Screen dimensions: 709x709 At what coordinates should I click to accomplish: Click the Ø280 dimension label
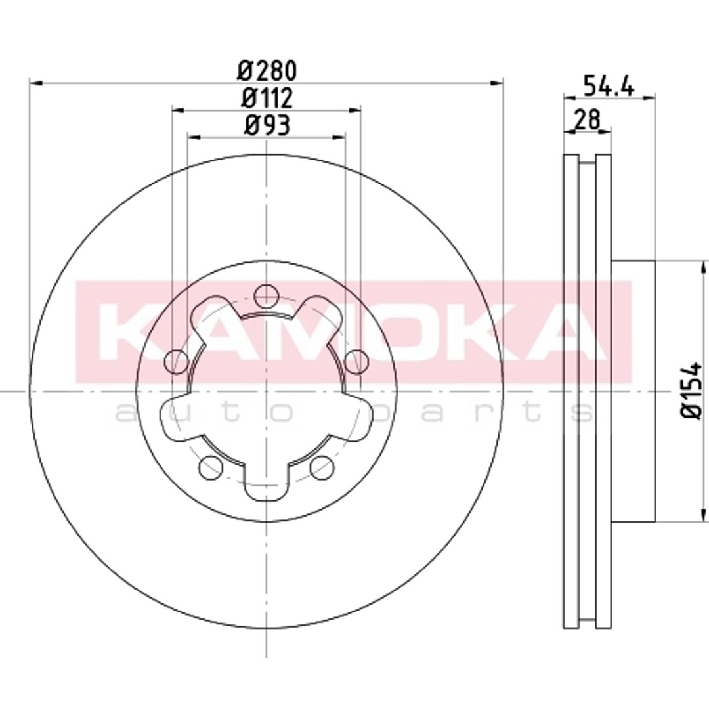point(267,71)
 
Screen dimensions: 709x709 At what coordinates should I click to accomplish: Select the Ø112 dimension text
point(267,98)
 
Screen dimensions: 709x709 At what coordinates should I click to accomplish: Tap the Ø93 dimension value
point(267,125)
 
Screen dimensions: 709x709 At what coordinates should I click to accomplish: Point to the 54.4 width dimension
point(609,85)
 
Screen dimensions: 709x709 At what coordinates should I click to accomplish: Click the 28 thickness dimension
point(587,120)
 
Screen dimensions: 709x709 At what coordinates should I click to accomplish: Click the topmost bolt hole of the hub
point(265,295)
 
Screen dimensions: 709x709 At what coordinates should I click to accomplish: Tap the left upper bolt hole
point(177,361)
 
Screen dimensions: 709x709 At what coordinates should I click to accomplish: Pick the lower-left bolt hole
point(210,466)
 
